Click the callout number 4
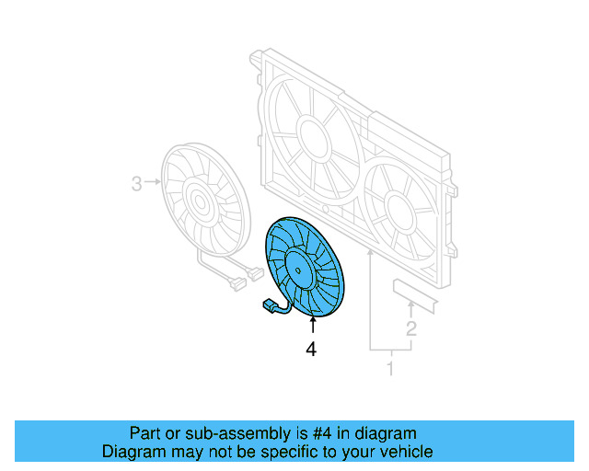(311, 350)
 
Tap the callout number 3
(136, 184)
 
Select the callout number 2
(411, 327)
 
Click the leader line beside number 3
(152, 184)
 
